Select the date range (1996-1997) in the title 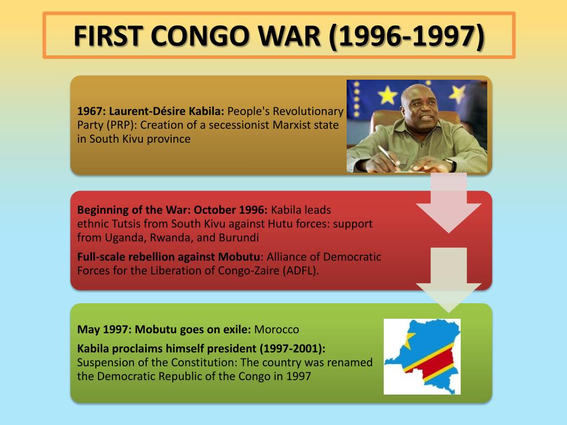coord(406,36)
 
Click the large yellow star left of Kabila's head coord(388,95)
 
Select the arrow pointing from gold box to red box coord(449,205)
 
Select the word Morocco coord(276,330)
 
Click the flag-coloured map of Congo coord(422,356)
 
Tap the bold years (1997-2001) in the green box coord(290,349)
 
